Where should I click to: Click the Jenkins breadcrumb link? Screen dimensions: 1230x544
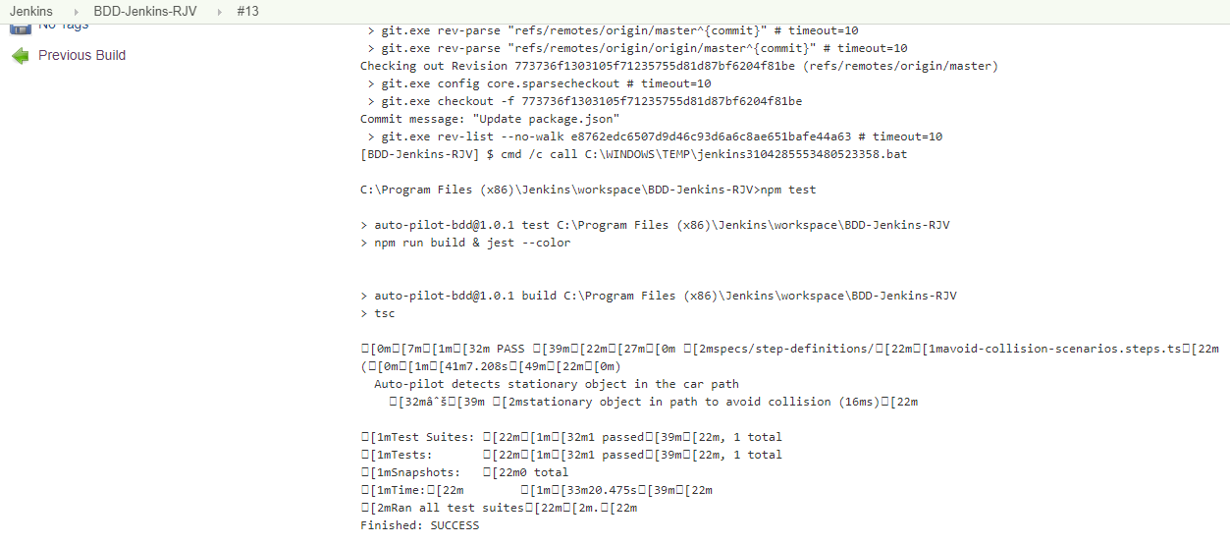[31, 11]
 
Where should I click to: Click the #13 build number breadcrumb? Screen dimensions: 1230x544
[247, 11]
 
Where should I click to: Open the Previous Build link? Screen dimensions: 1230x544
[81, 56]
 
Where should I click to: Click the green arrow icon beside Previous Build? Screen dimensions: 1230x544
[21, 56]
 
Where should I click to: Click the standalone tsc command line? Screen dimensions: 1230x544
[385, 313]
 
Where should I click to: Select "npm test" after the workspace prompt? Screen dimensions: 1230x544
[788, 190]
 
